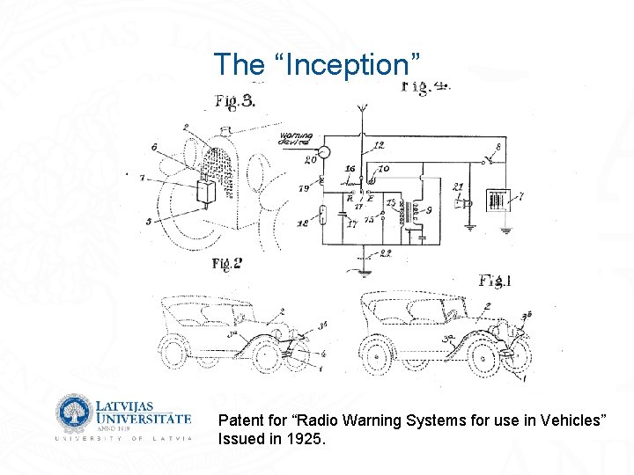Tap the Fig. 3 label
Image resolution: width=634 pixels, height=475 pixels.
click(x=236, y=101)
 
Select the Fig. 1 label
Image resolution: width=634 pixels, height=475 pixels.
click(x=497, y=281)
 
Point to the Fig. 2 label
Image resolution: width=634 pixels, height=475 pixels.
click(x=226, y=263)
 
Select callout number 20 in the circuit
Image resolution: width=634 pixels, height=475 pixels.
click(x=310, y=161)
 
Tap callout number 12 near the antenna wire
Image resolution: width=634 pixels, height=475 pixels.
click(x=379, y=144)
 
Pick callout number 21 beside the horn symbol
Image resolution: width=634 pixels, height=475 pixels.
click(x=457, y=187)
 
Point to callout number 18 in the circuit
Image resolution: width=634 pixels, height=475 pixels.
click(x=302, y=224)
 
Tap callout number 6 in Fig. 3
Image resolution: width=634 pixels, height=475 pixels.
click(x=155, y=147)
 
